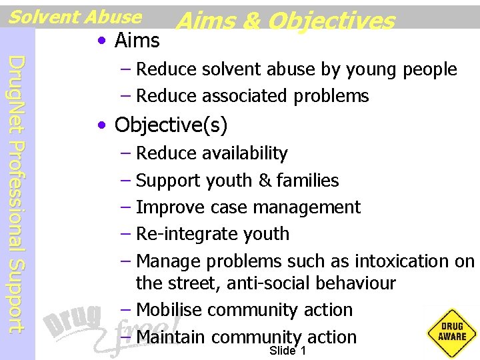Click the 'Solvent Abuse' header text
75,16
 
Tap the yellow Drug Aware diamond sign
452,331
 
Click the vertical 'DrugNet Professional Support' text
18,193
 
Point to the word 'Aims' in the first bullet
137,41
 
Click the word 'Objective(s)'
171,125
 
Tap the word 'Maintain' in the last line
171,337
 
